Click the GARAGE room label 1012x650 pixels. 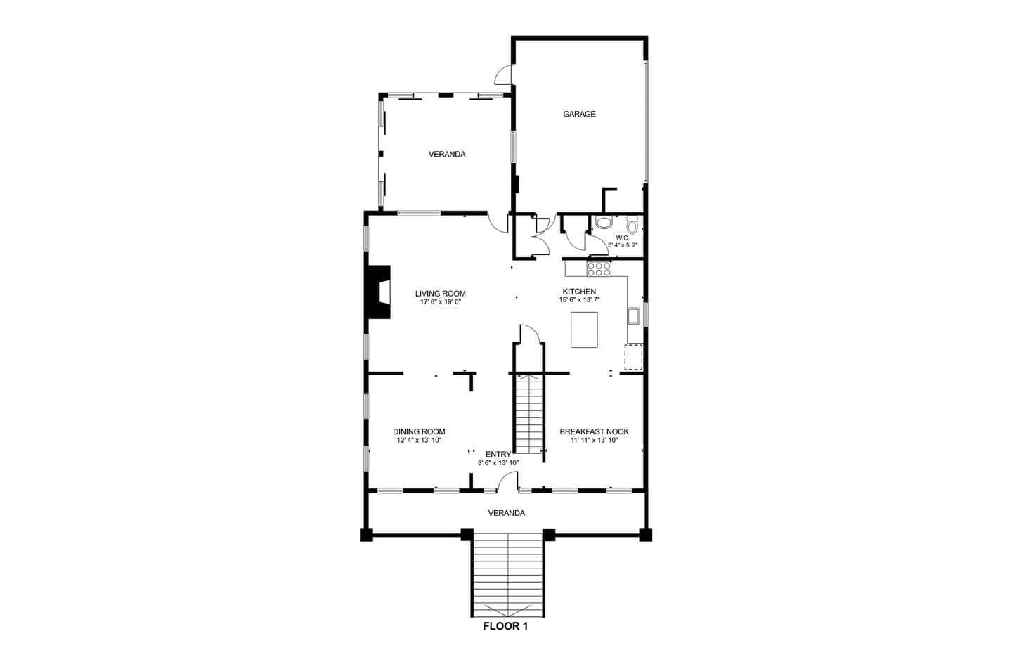[x=579, y=115]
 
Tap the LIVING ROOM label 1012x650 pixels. [x=441, y=294]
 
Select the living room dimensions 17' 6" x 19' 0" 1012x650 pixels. [x=441, y=302]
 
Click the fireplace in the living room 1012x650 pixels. [x=379, y=292]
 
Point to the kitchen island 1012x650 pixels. [x=584, y=330]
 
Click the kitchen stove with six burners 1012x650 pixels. [x=599, y=269]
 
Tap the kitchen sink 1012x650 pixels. [x=633, y=316]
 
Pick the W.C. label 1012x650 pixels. [x=623, y=238]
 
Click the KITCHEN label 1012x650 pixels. [x=579, y=292]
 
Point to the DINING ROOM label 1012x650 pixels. [x=419, y=432]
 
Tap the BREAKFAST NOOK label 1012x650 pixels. [x=594, y=432]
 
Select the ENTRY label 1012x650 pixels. [x=498, y=455]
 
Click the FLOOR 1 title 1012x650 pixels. [x=505, y=626]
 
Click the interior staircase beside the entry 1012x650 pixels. [x=529, y=414]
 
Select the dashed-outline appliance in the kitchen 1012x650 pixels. [x=633, y=357]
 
